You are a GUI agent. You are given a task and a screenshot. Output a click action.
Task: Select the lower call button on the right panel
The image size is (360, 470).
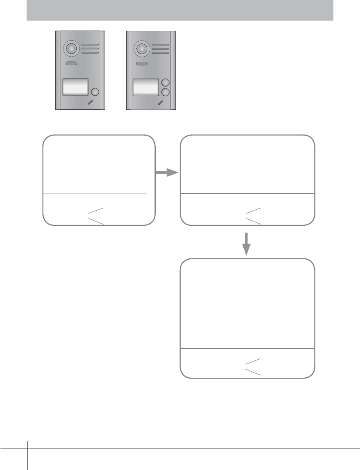(165, 92)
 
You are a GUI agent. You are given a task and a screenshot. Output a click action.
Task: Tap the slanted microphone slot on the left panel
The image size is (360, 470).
(91, 103)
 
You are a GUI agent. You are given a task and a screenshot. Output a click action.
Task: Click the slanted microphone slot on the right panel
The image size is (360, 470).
(161, 103)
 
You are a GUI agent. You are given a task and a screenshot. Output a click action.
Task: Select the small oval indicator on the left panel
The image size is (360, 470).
(71, 64)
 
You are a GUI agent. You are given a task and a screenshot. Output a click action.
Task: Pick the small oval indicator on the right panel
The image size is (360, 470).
(141, 64)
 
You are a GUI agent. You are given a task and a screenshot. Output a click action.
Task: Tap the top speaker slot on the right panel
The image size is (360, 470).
(160, 45)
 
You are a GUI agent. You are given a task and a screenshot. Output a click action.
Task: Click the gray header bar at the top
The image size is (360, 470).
(180, 10)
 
